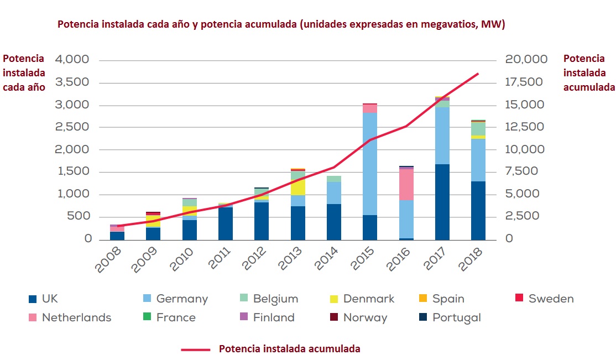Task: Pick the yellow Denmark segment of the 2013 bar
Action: point(298,187)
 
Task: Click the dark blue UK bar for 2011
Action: point(225,223)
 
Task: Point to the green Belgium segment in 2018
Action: point(478,128)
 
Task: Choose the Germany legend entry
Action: point(181,299)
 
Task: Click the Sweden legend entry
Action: point(550,299)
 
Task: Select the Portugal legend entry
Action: point(456,318)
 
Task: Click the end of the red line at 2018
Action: point(478,74)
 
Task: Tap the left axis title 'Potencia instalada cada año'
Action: point(24,72)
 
